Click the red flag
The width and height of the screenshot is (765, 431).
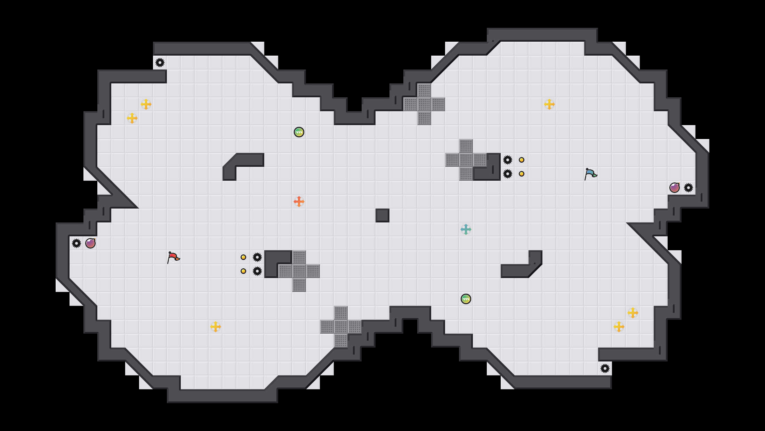point(173,257)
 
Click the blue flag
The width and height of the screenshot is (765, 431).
point(590,174)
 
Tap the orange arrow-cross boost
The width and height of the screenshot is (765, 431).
point(299,202)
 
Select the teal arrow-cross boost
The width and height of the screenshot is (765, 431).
point(466,229)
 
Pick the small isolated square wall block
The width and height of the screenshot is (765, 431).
point(382,215)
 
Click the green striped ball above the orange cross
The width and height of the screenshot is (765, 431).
point(299,132)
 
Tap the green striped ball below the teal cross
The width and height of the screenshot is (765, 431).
point(466,299)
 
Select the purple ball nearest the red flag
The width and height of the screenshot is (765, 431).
point(90,243)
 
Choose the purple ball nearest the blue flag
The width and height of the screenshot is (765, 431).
point(675,188)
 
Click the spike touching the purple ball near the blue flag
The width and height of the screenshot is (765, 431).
point(688,188)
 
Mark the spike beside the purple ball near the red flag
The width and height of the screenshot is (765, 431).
point(76,243)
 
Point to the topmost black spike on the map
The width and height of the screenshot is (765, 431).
point(160,63)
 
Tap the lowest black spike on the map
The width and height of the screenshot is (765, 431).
point(605,368)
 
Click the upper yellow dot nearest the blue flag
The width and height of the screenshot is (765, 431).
point(522,160)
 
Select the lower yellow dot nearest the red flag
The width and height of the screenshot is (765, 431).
point(243,271)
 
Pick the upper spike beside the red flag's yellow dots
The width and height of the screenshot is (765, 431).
point(257,257)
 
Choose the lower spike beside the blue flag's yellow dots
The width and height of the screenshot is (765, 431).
point(508,174)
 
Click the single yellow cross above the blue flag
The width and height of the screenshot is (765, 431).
point(549,104)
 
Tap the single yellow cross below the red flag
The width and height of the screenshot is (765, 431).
point(216,327)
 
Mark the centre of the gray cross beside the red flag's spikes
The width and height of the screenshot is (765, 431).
point(299,271)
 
